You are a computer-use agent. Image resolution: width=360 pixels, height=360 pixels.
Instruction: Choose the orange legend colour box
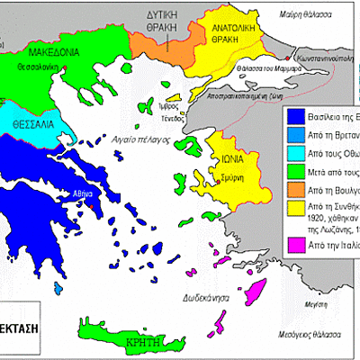[x=293, y=191]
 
